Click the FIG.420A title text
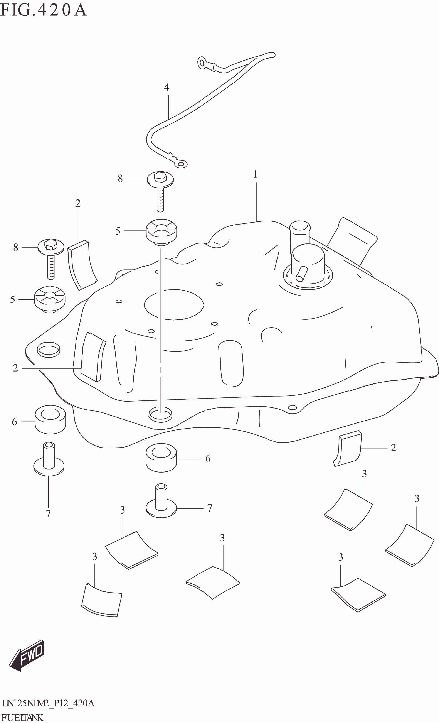click(43, 10)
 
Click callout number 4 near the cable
click(167, 87)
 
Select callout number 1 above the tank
click(255, 175)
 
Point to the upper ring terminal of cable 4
click(202, 63)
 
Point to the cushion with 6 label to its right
click(161, 458)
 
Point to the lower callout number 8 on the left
click(15, 247)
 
